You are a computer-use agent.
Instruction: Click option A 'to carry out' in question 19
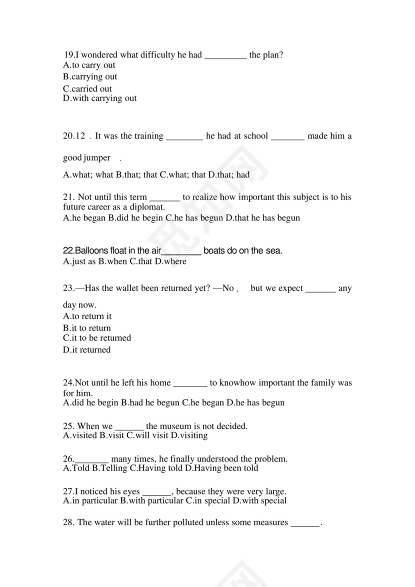[89, 65]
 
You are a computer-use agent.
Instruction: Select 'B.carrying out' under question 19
[90, 77]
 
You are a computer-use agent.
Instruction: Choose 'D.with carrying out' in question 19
[99, 98]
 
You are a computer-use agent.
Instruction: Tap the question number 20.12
[74, 136]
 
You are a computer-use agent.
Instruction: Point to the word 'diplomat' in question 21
[147, 207]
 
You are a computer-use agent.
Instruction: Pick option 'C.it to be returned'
[97, 338]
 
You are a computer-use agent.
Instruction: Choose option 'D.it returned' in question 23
[86, 350]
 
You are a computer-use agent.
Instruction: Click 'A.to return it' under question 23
[87, 316]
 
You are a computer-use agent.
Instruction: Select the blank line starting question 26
[92, 459]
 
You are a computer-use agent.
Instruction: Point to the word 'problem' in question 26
[270, 459]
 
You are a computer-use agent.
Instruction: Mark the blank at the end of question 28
[305, 523]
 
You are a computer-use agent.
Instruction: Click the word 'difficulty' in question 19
[154, 55]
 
